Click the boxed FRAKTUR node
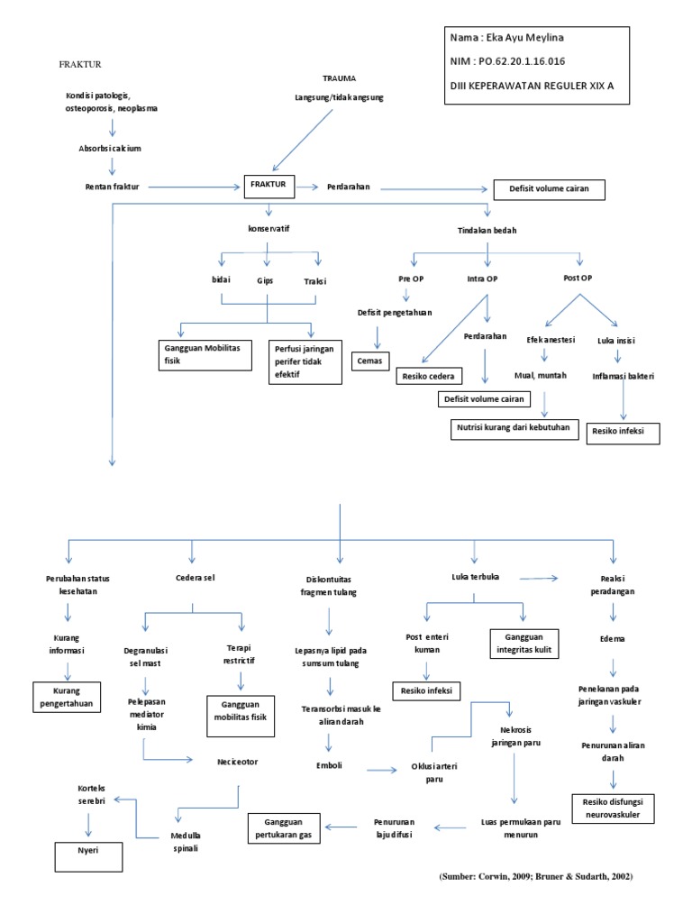(268, 185)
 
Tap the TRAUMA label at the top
(339, 78)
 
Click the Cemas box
(369, 361)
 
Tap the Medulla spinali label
(184, 841)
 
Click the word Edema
(613, 638)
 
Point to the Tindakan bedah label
(487, 230)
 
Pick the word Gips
(265, 280)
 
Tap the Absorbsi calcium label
(110, 147)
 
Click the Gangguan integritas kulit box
(524, 644)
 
